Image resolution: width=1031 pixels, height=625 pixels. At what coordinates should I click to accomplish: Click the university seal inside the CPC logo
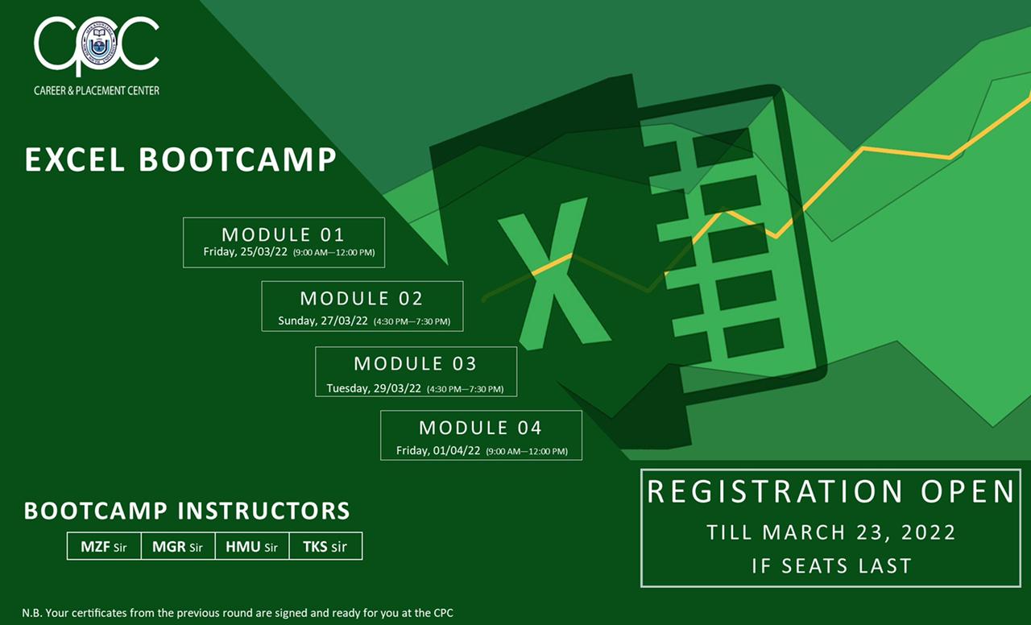coord(98,46)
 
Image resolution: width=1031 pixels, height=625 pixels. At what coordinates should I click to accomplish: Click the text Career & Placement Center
coord(97,91)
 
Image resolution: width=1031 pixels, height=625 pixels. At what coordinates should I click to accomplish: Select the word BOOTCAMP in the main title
coord(238,159)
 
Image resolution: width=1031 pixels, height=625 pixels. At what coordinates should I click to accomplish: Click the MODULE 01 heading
coord(283,234)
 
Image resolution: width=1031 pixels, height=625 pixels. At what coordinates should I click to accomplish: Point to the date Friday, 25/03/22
coord(246,252)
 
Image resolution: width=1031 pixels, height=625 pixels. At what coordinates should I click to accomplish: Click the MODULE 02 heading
coord(362,299)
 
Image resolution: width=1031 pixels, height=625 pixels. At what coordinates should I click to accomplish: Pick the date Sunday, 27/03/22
coord(323,321)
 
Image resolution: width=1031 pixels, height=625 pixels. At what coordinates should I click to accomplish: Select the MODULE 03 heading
coord(415,363)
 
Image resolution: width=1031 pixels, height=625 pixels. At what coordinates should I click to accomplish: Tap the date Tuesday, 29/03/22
coord(374,388)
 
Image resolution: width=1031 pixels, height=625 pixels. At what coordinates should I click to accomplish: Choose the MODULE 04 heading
coord(481,428)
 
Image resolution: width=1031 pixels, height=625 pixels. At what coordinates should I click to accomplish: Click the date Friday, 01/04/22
coord(438,450)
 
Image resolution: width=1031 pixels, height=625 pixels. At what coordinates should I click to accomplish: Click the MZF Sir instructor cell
coord(104,546)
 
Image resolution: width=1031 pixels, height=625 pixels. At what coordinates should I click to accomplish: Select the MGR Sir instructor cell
coord(178,546)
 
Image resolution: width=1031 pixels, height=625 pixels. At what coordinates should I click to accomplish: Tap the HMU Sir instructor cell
coord(252,546)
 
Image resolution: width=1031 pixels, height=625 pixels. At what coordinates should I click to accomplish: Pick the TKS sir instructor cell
coord(325,546)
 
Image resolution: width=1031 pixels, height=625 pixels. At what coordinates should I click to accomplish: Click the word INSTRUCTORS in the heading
coord(264,511)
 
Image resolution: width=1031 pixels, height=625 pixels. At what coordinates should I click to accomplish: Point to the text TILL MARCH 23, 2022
coord(831,532)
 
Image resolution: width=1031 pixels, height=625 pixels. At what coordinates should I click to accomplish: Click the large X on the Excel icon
coord(554,274)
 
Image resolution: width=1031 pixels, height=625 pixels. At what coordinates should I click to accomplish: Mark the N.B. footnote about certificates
coord(238,613)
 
